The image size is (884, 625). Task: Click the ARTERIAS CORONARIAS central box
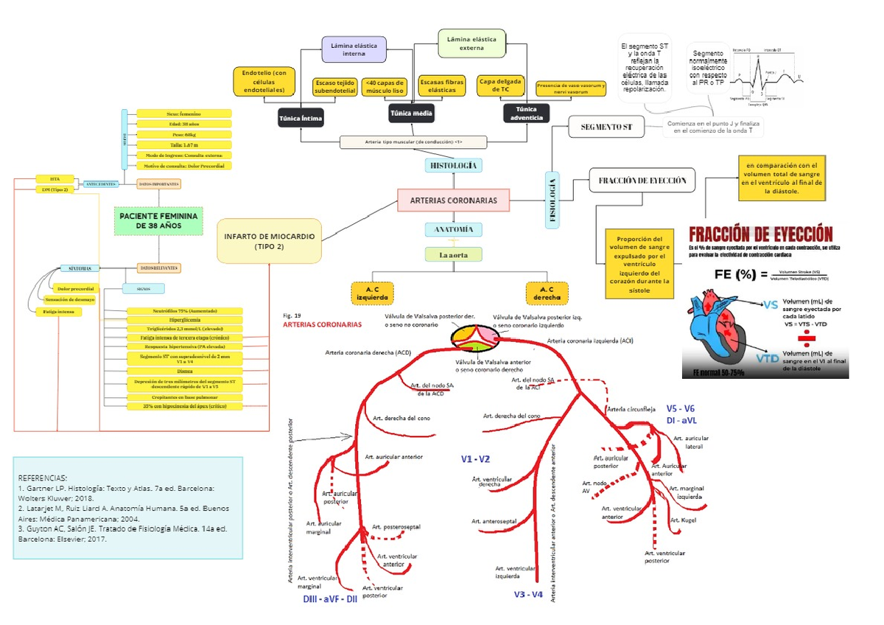453,200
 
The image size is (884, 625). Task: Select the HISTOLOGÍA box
453,166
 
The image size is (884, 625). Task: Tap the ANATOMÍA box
453,230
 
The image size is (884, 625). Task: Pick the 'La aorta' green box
453,255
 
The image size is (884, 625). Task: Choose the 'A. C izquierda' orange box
373,293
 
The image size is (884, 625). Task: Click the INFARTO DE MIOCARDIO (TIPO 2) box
269,241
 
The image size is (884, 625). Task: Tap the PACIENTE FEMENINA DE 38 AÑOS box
158,220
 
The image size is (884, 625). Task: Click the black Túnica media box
411,113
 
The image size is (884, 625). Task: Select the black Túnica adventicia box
526,113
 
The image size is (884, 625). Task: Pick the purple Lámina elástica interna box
354,49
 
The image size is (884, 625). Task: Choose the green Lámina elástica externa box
472,43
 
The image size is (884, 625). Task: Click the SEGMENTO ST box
606,128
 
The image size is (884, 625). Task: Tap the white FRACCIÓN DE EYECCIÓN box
642,180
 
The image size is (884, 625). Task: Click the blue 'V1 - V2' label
476,459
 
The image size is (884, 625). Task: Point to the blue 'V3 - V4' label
528,594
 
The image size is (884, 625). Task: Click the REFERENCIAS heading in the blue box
42,477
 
